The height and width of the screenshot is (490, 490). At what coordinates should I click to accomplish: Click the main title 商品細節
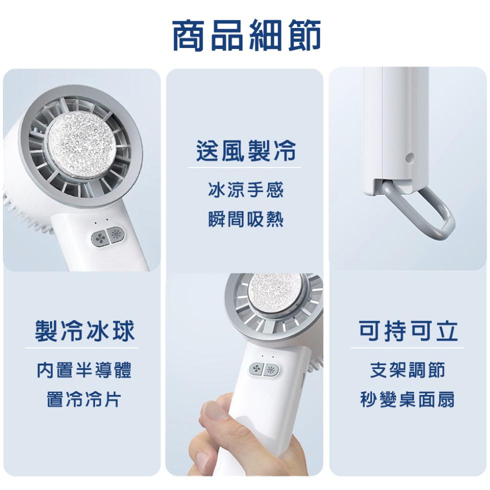[x=246, y=35]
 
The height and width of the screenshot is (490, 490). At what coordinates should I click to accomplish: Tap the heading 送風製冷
[x=245, y=150]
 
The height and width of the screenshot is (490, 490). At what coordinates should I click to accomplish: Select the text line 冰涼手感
[x=245, y=189]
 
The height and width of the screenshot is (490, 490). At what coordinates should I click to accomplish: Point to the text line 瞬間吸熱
[x=245, y=219]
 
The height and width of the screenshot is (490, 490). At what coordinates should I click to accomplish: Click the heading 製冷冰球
[x=84, y=330]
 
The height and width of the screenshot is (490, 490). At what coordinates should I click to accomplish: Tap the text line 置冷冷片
[x=84, y=399]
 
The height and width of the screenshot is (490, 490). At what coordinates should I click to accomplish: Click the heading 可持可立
[x=408, y=330]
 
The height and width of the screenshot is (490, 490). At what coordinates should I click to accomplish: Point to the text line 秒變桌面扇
[x=407, y=399]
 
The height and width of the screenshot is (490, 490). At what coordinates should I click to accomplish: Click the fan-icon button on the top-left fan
[x=99, y=239]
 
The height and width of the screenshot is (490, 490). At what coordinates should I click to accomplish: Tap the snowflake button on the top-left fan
[x=115, y=234]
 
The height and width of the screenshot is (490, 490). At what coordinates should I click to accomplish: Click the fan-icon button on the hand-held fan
[x=256, y=369]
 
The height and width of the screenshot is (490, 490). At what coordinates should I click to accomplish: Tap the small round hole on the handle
[x=409, y=157]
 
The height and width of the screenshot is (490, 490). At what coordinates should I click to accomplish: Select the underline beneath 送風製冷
[x=244, y=168]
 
